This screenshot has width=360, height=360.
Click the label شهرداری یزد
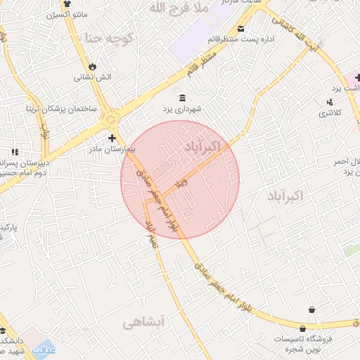183,109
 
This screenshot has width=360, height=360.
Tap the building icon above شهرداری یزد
183,97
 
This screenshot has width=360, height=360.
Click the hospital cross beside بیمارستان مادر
112,138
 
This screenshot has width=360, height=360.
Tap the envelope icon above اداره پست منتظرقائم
241,29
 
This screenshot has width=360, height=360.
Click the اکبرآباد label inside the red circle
202,147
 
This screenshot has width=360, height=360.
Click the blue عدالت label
45,349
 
